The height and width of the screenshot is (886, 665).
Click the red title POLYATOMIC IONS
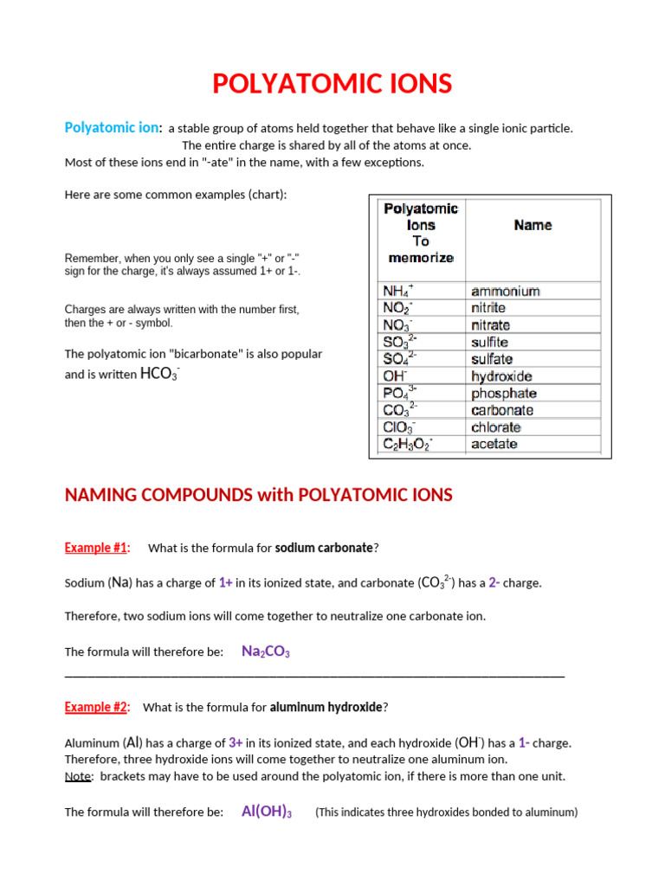(332, 84)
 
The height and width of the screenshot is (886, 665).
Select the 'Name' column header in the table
(533, 225)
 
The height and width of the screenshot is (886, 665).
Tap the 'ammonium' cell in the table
(505, 292)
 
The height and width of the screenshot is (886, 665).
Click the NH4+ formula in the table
(398, 292)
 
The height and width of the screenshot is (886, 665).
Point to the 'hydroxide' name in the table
(501, 376)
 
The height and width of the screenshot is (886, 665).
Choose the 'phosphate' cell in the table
(504, 394)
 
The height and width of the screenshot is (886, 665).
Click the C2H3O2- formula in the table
(408, 444)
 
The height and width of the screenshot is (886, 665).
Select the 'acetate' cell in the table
(494, 444)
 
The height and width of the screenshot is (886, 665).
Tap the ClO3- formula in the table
(399, 427)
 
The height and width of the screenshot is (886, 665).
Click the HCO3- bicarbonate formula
(159, 375)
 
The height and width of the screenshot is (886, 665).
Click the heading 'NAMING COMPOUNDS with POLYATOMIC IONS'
(259, 495)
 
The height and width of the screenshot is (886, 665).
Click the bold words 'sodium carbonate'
(324, 548)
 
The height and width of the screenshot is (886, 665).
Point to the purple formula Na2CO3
(265, 652)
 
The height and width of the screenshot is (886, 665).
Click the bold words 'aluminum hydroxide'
(326, 707)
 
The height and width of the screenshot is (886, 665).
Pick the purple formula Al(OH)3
(266, 812)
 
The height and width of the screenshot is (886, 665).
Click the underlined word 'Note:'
(79, 776)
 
